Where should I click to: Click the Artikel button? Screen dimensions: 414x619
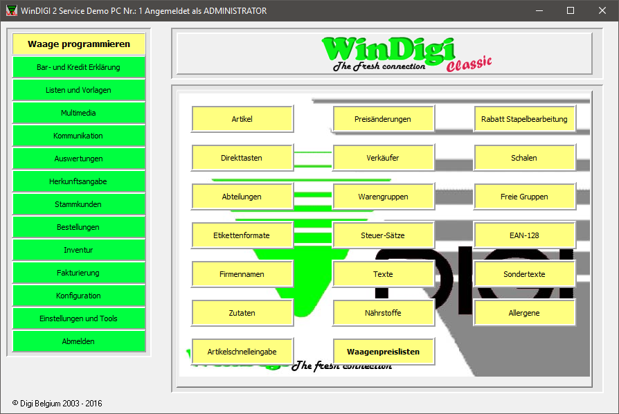242,119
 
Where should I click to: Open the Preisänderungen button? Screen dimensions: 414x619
383,119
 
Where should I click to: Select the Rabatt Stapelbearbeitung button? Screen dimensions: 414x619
524,119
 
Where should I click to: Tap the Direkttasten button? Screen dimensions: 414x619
242,158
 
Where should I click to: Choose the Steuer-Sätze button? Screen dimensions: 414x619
383,235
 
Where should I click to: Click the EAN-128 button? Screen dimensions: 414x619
524,235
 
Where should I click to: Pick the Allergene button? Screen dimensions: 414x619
524,313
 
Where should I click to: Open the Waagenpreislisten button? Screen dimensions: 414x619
383,352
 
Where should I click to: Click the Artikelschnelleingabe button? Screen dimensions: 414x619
242,352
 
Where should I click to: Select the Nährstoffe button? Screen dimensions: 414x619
383,313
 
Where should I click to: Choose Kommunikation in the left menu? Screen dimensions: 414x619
78,136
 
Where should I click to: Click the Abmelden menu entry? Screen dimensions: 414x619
78,341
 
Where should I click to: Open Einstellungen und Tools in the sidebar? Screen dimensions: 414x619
78,318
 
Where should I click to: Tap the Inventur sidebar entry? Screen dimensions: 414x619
78,250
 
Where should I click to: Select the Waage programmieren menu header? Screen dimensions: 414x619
78,44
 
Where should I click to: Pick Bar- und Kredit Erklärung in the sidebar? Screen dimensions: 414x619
78,67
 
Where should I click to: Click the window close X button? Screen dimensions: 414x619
602,10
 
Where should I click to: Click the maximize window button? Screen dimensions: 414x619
571,10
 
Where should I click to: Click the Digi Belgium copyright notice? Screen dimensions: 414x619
57,404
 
